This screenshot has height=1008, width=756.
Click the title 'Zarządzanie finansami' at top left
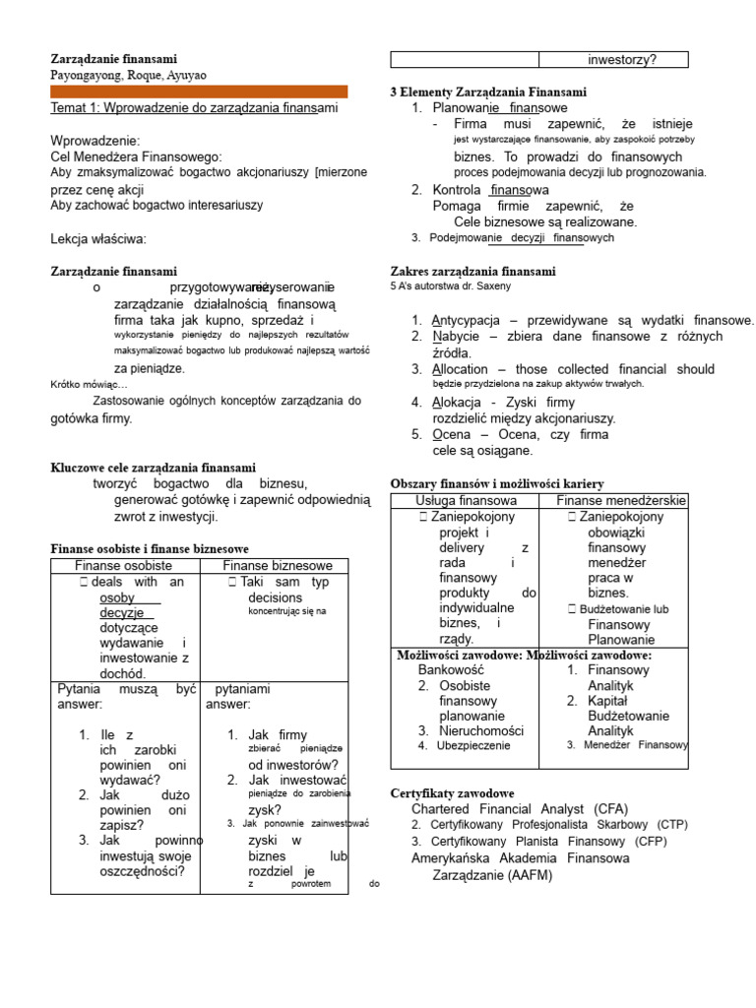coord(113,59)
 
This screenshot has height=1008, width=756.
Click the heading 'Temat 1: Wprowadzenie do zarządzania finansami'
coord(194,107)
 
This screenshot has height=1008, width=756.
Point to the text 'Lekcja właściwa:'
coord(97,239)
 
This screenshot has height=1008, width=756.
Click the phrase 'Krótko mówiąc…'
coord(90,385)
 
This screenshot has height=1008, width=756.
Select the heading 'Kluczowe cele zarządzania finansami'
coord(153,467)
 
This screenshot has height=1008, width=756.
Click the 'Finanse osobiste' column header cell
coord(124,565)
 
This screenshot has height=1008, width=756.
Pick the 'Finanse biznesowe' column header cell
coord(277,565)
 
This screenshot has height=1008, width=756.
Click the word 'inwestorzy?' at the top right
coord(622,60)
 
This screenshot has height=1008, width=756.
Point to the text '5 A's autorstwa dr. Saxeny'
coord(451,286)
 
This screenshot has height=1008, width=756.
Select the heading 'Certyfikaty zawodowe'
coord(452,792)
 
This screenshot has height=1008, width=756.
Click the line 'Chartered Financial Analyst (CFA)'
coord(519,808)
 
